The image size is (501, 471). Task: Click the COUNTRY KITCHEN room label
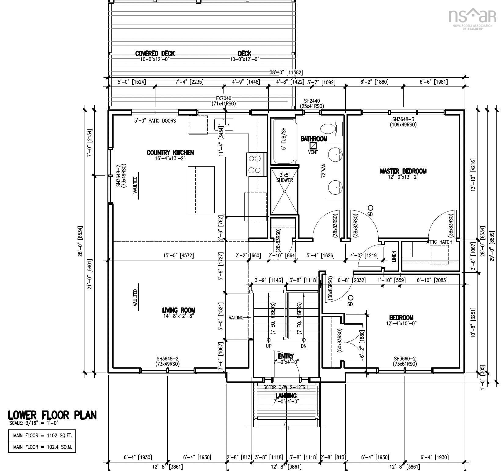coord(170,153)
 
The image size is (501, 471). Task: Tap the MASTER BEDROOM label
coord(403,171)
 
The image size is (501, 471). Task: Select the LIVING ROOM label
coord(179,311)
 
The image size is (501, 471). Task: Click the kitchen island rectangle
coord(201,190)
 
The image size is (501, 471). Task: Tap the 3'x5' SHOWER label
coord(285,178)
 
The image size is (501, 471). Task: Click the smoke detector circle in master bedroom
coord(370,208)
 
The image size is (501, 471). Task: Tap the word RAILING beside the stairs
coord(236,318)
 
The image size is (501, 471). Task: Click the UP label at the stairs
coord(269,346)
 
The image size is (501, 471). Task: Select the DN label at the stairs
coord(303,346)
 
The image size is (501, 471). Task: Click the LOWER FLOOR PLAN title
coord(52,415)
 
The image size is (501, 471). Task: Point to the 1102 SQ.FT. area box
coord(42,435)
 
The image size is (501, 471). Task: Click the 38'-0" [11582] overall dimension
coord(286,72)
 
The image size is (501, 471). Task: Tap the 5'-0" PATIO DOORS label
coord(155,121)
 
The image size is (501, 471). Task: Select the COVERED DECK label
coord(155,53)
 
